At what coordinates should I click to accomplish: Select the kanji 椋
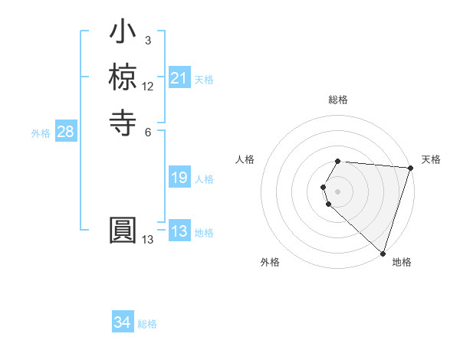pyautogui.click(x=123, y=77)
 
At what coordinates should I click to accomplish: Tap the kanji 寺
pyautogui.click(x=123, y=120)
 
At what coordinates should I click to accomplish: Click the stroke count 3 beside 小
pyautogui.click(x=147, y=41)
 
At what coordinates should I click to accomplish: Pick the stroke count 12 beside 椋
pyautogui.click(x=148, y=87)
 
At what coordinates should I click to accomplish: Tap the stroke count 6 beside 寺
pyautogui.click(x=147, y=131)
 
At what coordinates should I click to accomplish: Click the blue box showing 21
pyautogui.click(x=179, y=78)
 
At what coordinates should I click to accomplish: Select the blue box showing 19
pyautogui.click(x=179, y=178)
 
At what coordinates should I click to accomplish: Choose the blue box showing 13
pyautogui.click(x=179, y=232)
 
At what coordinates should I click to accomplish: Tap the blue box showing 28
pyautogui.click(x=65, y=132)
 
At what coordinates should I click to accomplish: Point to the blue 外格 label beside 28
pyautogui.click(x=41, y=133)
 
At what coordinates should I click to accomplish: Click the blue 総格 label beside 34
pyautogui.click(x=147, y=324)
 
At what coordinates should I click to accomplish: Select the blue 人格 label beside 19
pyautogui.click(x=204, y=179)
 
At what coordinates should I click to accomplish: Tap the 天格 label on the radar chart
pyautogui.click(x=431, y=159)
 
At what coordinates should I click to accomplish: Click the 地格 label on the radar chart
pyautogui.click(x=402, y=262)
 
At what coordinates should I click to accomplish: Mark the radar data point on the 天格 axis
pyautogui.click(x=410, y=169)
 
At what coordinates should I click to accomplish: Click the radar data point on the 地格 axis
pyautogui.click(x=383, y=253)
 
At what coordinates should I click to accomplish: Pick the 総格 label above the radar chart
pyautogui.click(x=338, y=100)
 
